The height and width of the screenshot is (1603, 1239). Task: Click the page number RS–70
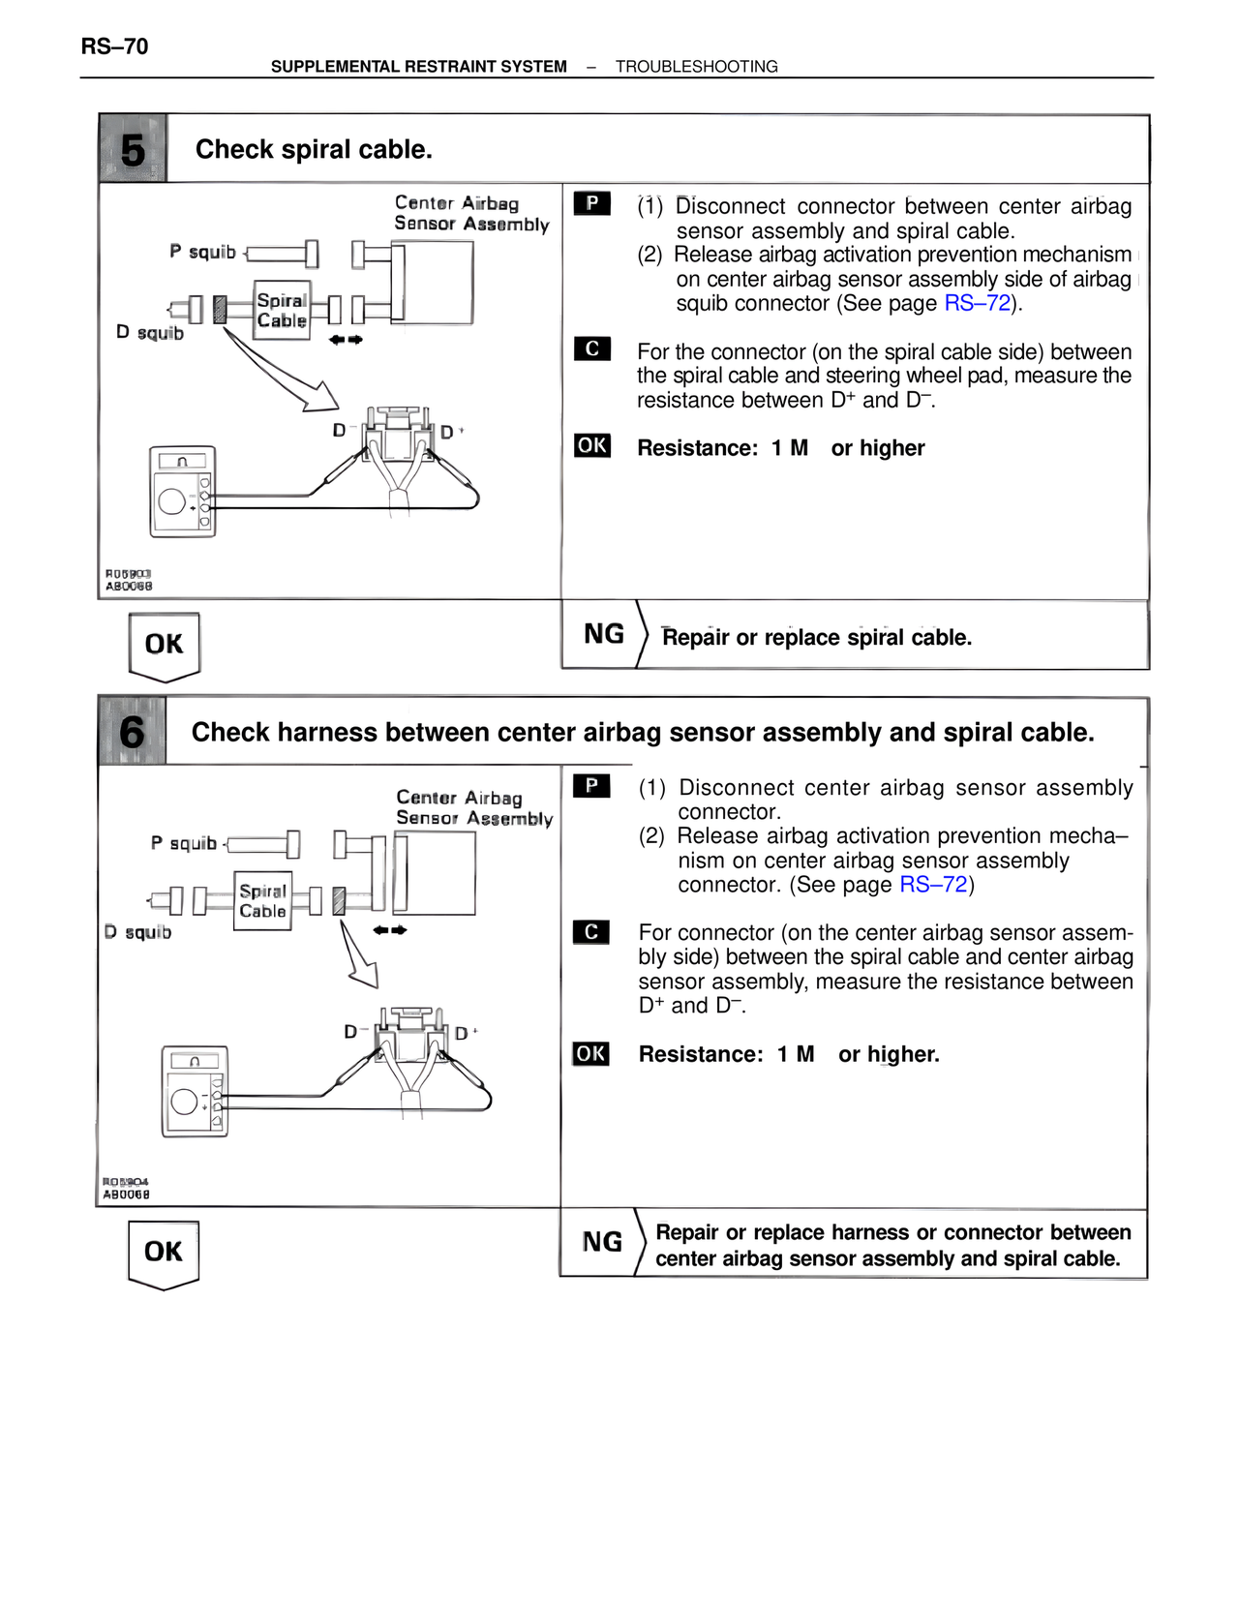tap(114, 46)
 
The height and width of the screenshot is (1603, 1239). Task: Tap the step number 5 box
tap(133, 149)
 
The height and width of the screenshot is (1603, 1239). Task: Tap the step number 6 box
tap(132, 731)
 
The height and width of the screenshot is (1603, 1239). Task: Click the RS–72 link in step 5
tap(978, 303)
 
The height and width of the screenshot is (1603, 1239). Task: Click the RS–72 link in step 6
tap(933, 885)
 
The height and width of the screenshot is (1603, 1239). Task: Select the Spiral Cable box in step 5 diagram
tap(282, 311)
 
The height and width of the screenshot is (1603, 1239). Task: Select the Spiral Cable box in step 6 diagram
tap(262, 901)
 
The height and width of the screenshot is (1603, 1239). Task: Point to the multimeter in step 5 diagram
tap(182, 492)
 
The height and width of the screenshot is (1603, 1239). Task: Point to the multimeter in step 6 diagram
tap(195, 1091)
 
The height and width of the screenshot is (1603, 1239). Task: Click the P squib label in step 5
tap(202, 252)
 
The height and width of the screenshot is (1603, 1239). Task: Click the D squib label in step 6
tap(137, 932)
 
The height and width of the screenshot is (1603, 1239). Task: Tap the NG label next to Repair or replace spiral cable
tap(603, 634)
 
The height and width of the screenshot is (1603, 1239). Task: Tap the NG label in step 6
tap(601, 1242)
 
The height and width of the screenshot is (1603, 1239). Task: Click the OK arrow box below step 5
tap(164, 645)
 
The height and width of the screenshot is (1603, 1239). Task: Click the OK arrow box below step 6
tap(163, 1253)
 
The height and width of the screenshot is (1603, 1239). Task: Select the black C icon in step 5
tap(591, 348)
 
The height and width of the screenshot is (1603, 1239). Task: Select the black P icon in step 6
tap(590, 785)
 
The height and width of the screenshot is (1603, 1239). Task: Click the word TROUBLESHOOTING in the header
tap(696, 67)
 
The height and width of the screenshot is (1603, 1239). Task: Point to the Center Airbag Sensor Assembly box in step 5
tap(432, 283)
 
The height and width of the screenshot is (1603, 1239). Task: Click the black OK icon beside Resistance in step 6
tap(590, 1053)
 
